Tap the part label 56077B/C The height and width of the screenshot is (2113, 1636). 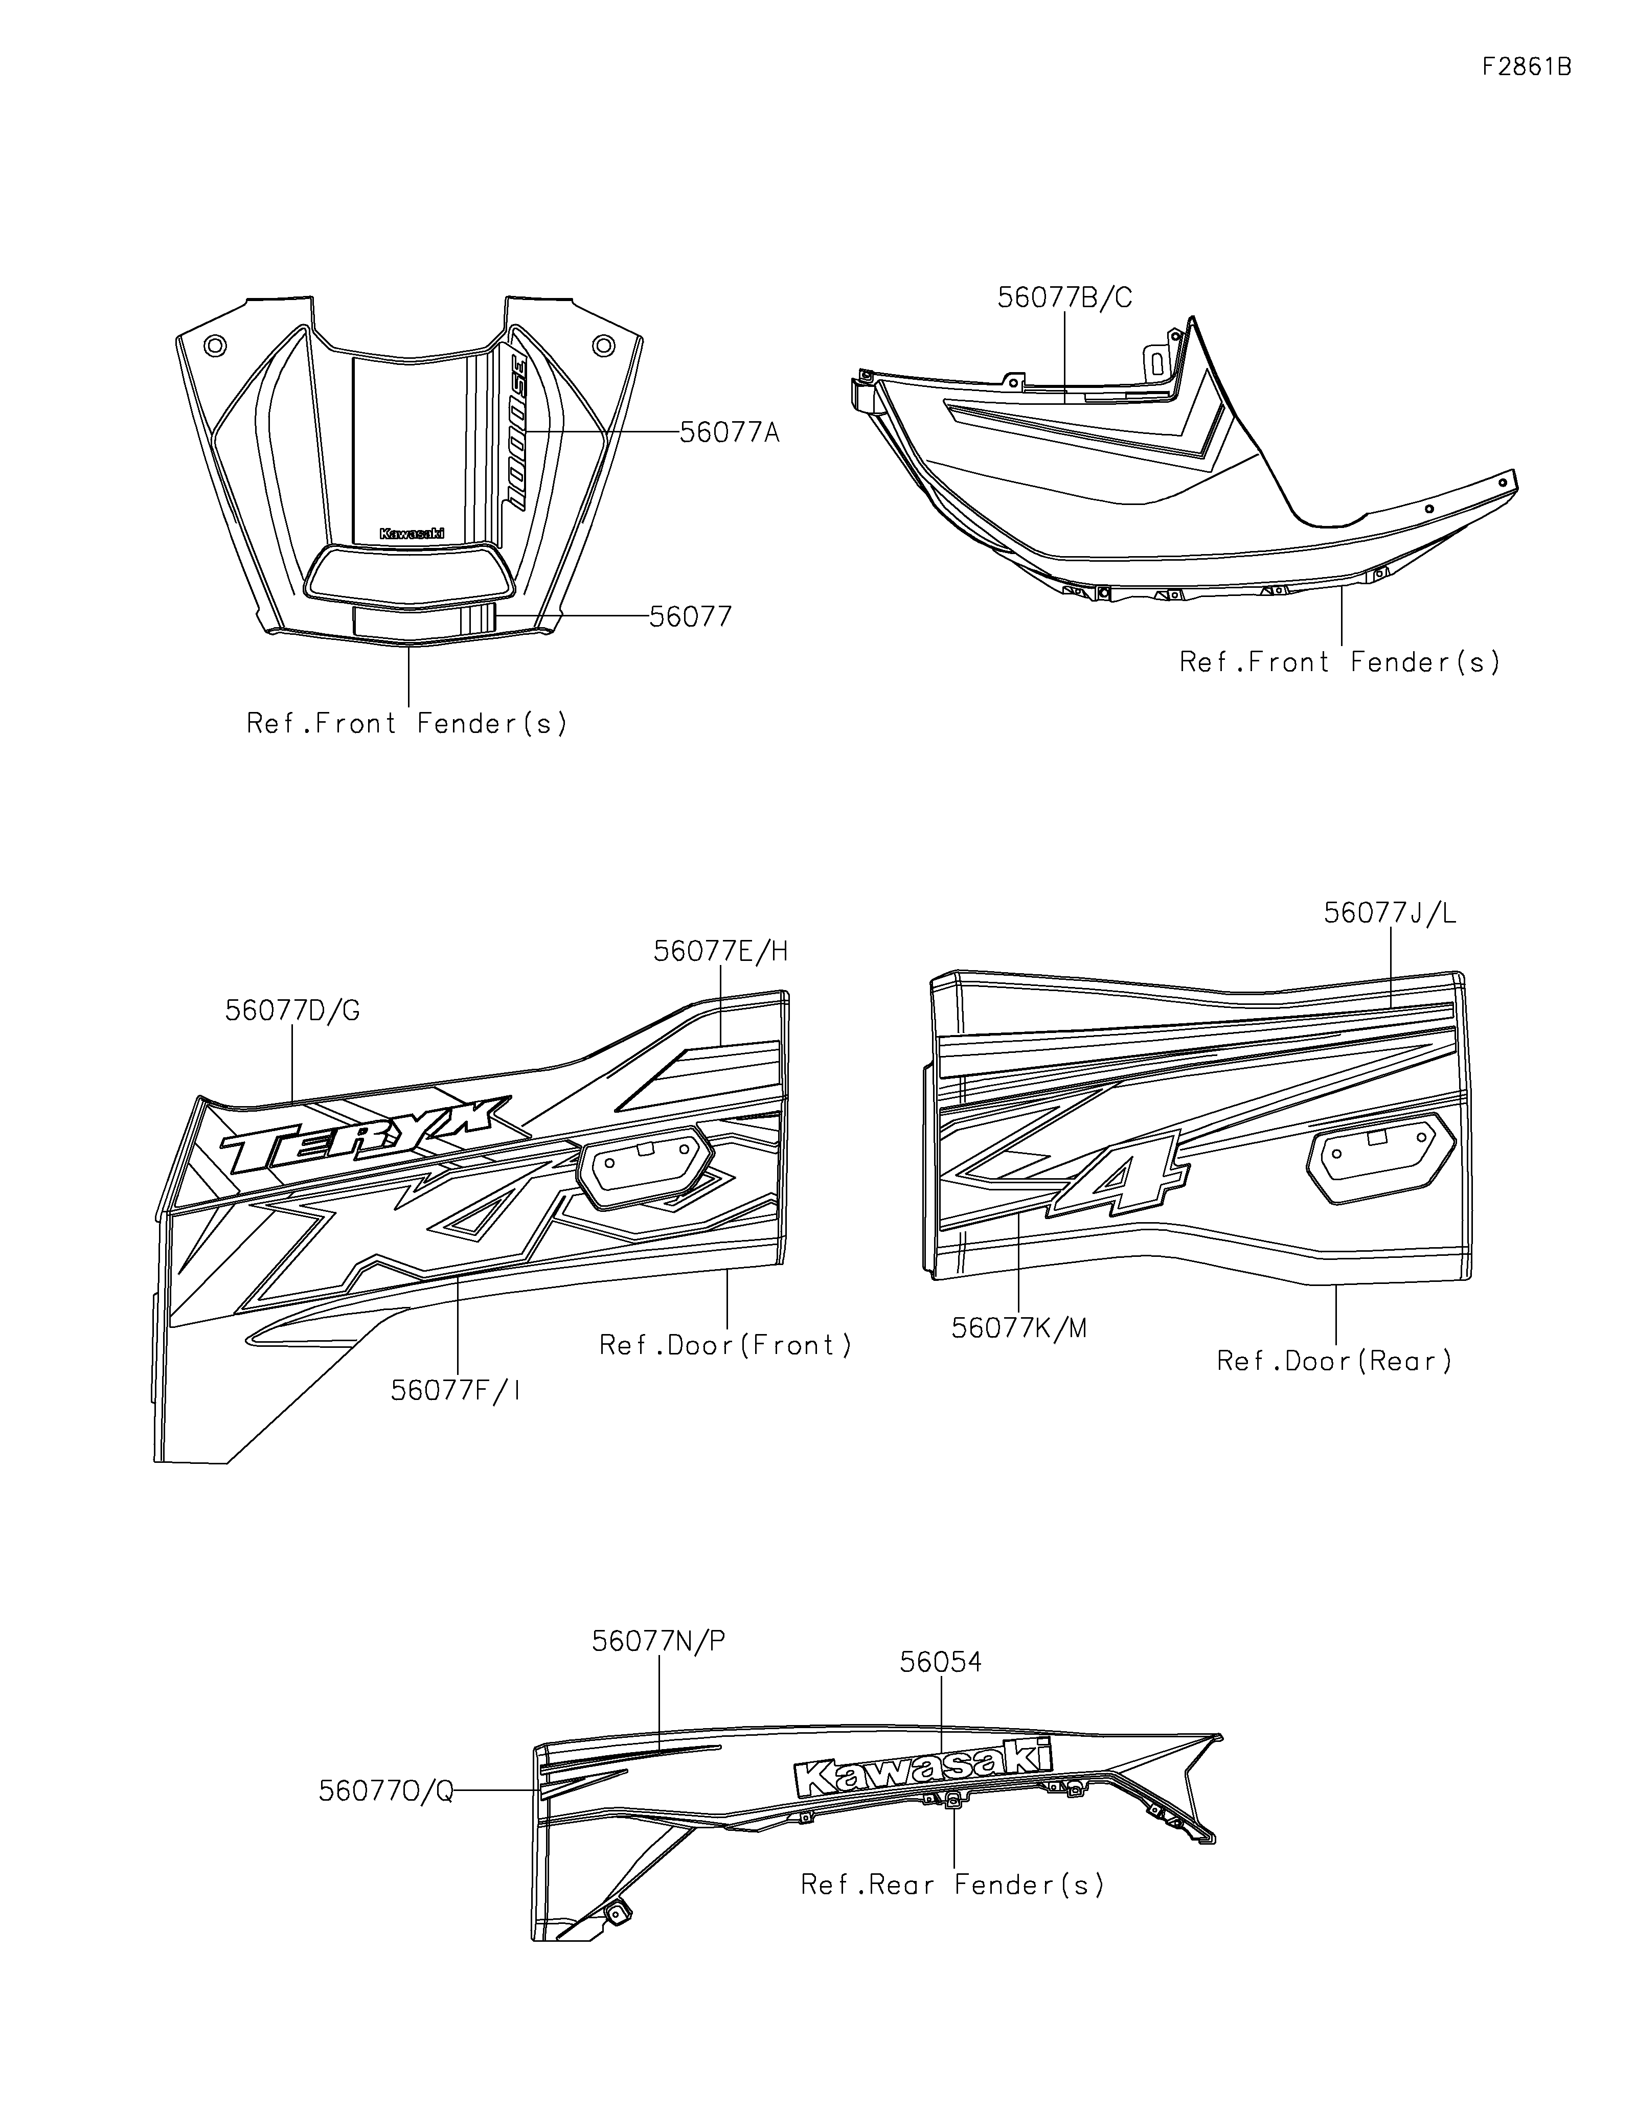(1064, 298)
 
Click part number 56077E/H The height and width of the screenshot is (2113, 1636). (721, 952)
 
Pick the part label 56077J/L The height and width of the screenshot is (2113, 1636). (1389, 913)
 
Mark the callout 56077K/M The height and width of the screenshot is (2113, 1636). (1019, 1328)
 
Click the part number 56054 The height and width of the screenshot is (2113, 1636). (940, 1662)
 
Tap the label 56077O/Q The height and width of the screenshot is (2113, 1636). (385, 1792)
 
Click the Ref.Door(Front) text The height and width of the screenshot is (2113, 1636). (725, 1346)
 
